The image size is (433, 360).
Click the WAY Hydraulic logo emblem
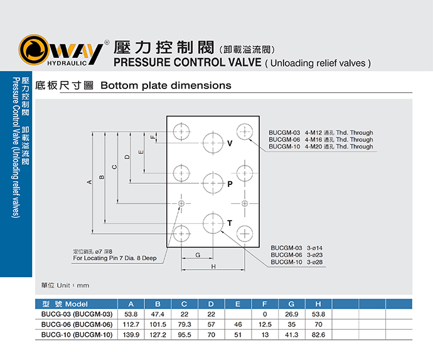(33, 50)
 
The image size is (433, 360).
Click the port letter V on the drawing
(230, 144)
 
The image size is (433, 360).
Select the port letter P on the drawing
(230, 184)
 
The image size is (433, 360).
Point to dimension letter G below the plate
(198, 255)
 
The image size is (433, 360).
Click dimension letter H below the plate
(213, 267)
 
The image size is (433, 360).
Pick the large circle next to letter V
(213, 143)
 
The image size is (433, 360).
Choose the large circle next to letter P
(213, 183)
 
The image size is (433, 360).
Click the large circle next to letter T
(213, 223)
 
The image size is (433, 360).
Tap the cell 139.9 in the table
(131, 335)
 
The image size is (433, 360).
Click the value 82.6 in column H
(318, 335)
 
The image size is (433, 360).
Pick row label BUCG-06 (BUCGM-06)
(77, 324)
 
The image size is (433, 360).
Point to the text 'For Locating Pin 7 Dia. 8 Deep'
(115, 258)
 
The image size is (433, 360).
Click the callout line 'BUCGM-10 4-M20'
(321, 147)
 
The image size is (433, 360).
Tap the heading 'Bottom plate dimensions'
(166, 85)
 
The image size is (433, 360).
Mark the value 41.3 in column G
(291, 335)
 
